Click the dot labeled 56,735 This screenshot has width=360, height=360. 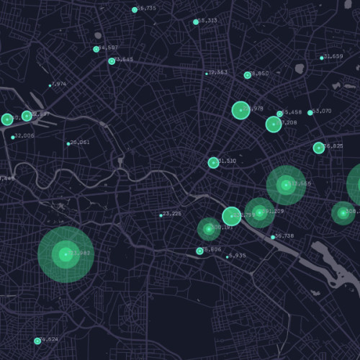click(x=135, y=9)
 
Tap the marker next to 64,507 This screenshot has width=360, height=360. click(x=96, y=49)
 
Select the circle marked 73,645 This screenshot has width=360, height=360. click(x=112, y=61)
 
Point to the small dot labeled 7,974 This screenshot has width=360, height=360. click(x=50, y=85)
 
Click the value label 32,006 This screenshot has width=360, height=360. click(x=24, y=135)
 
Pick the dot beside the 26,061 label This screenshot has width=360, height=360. click(x=68, y=143)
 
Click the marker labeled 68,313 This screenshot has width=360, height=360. click(x=196, y=22)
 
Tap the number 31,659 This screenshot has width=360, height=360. click(x=334, y=56)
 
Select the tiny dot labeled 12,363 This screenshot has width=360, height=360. click(x=207, y=73)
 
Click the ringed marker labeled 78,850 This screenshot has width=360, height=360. click(x=247, y=75)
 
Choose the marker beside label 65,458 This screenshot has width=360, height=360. click(x=279, y=114)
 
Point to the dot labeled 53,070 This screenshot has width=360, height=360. click(x=310, y=112)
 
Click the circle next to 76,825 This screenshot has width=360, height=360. click(x=318, y=148)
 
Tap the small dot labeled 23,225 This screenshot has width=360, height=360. click(x=161, y=215)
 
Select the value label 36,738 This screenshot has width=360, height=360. click(x=284, y=236)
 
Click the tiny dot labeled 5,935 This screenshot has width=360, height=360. click(x=228, y=256)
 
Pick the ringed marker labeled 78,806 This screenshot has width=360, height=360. click(x=200, y=251)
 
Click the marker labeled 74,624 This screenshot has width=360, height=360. click(x=37, y=341)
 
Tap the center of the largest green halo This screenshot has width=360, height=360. click(x=66, y=254)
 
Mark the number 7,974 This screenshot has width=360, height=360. click(x=60, y=84)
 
